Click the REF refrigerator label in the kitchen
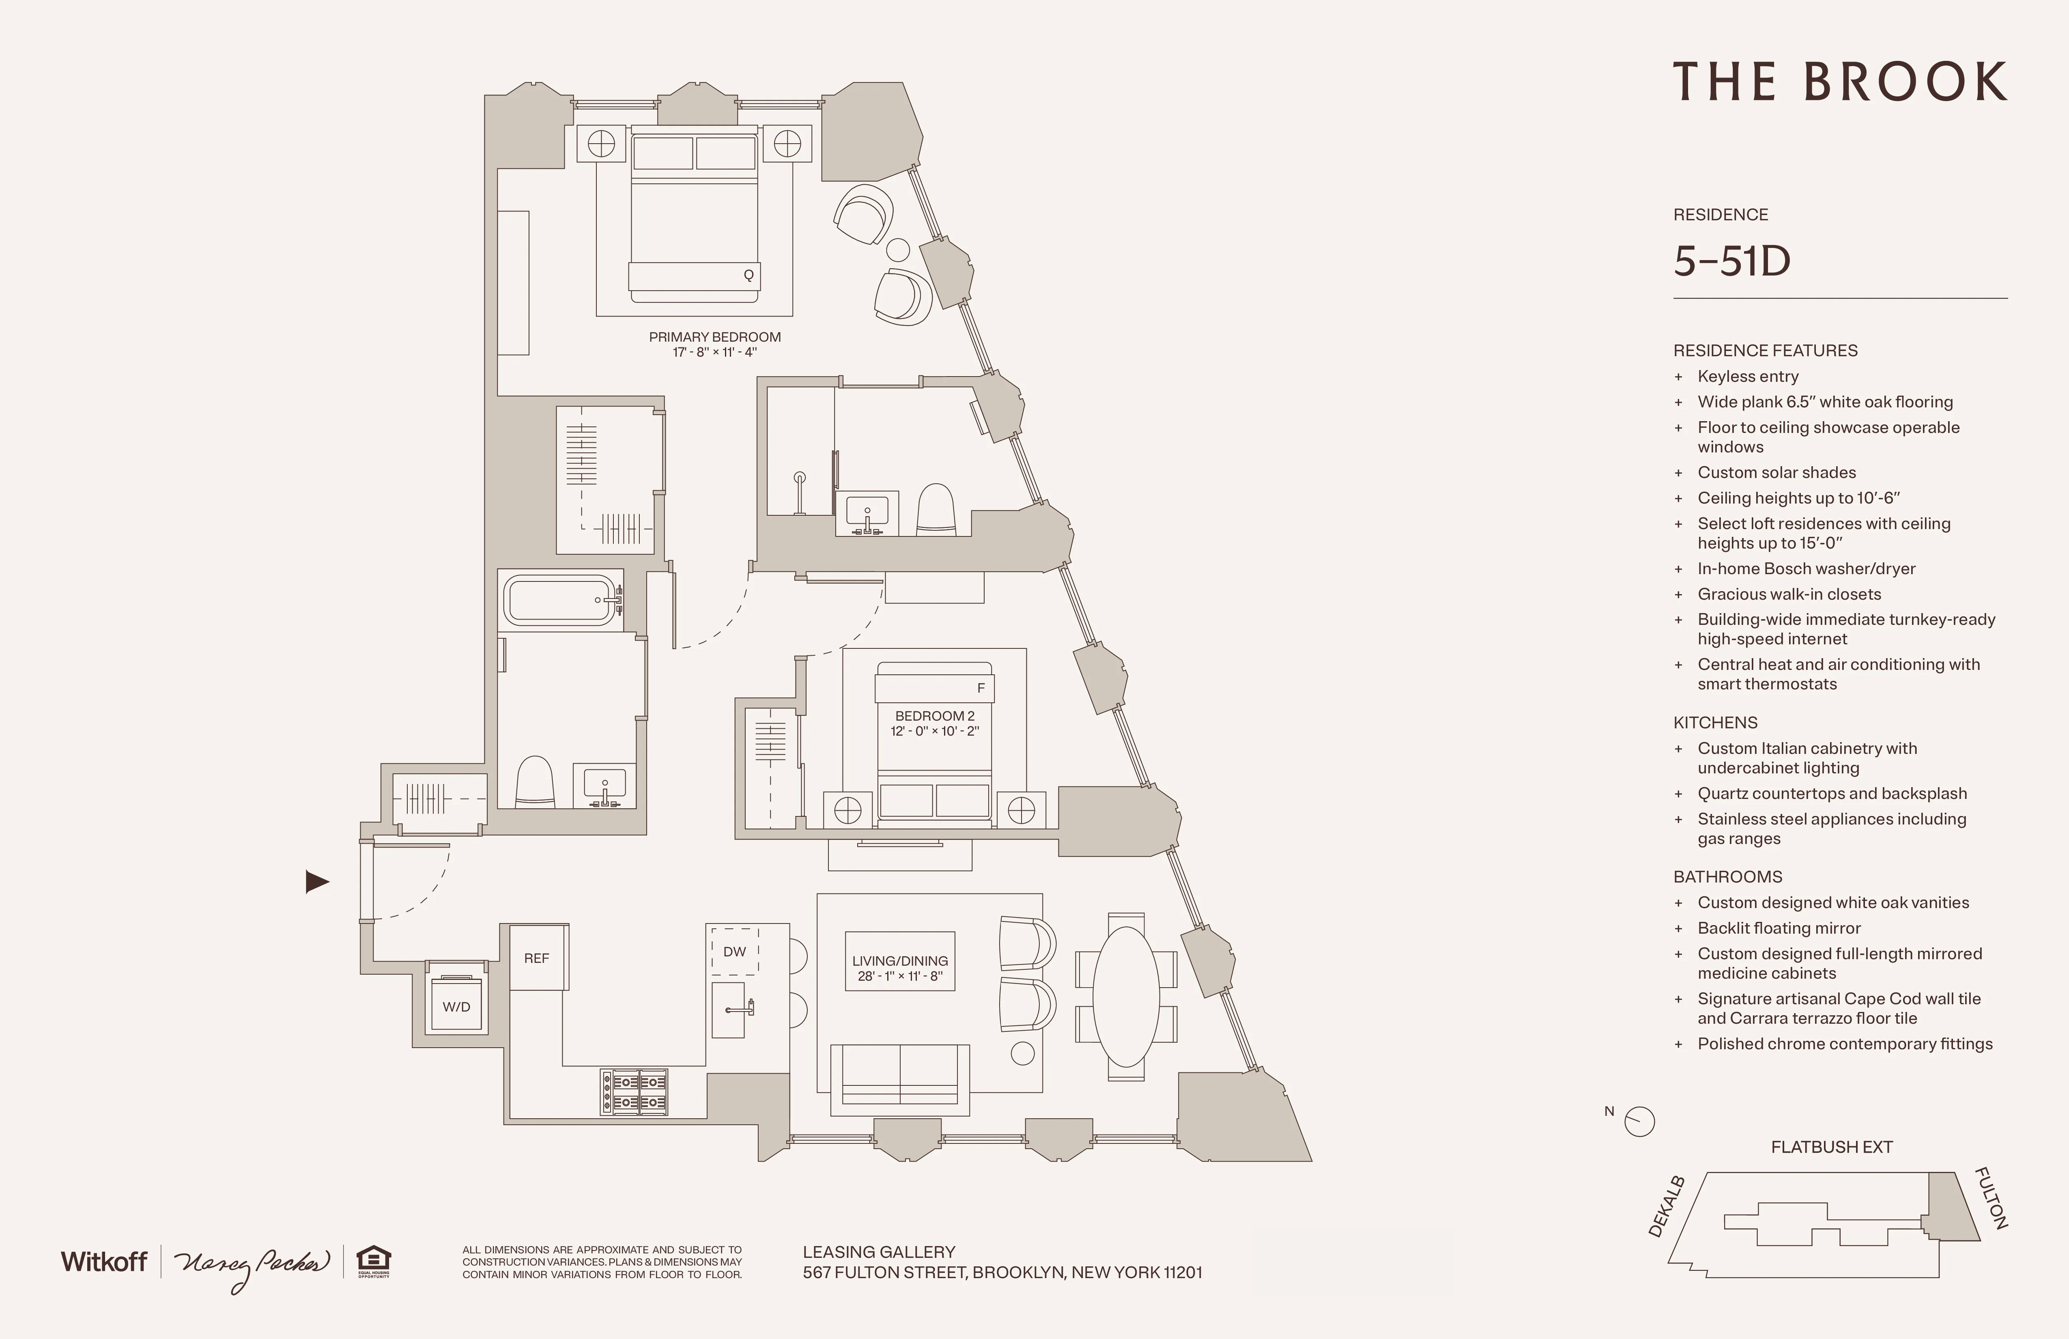(x=536, y=958)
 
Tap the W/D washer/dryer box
(x=456, y=1007)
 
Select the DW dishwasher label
(x=735, y=951)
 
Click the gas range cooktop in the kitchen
(x=634, y=1092)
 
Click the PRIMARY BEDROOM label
(x=714, y=337)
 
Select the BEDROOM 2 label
(x=935, y=716)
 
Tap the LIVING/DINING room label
(x=900, y=961)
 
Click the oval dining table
(x=1126, y=997)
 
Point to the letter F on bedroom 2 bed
(x=981, y=688)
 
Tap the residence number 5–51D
(x=1732, y=261)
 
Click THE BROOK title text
(x=1839, y=83)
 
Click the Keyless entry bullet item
(x=1747, y=377)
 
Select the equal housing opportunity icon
(x=374, y=1260)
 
